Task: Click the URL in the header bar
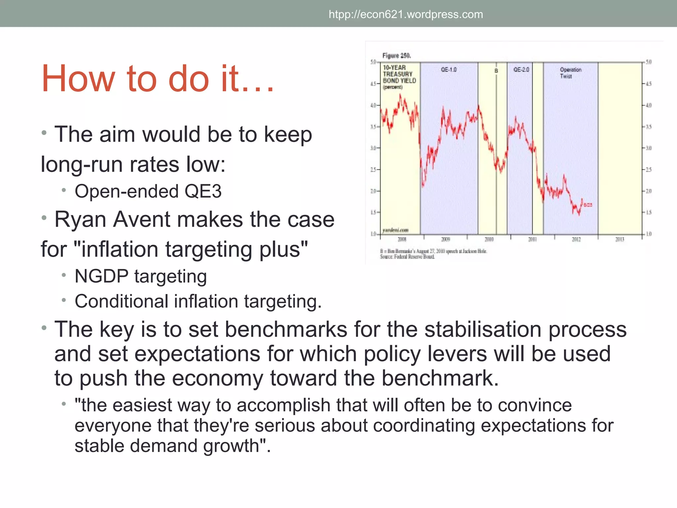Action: click(406, 15)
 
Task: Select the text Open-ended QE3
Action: click(148, 191)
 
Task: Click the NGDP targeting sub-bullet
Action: click(140, 276)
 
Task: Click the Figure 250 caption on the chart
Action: click(396, 56)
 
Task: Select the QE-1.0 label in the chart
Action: click(449, 70)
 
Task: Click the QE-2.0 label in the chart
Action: click(521, 70)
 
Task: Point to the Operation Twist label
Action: click(570, 73)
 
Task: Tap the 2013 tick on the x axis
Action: click(619, 239)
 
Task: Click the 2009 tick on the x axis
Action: click(446, 239)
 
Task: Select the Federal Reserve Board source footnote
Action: click(407, 257)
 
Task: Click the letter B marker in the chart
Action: click(496, 71)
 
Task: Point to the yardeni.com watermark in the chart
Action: click(395, 230)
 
